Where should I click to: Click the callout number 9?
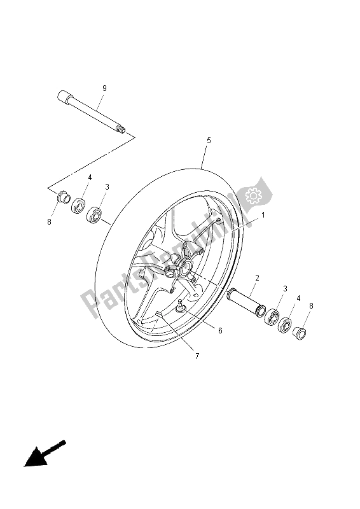104,87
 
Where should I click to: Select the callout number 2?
257,278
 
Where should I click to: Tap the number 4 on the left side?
90,178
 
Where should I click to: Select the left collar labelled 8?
62,197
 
